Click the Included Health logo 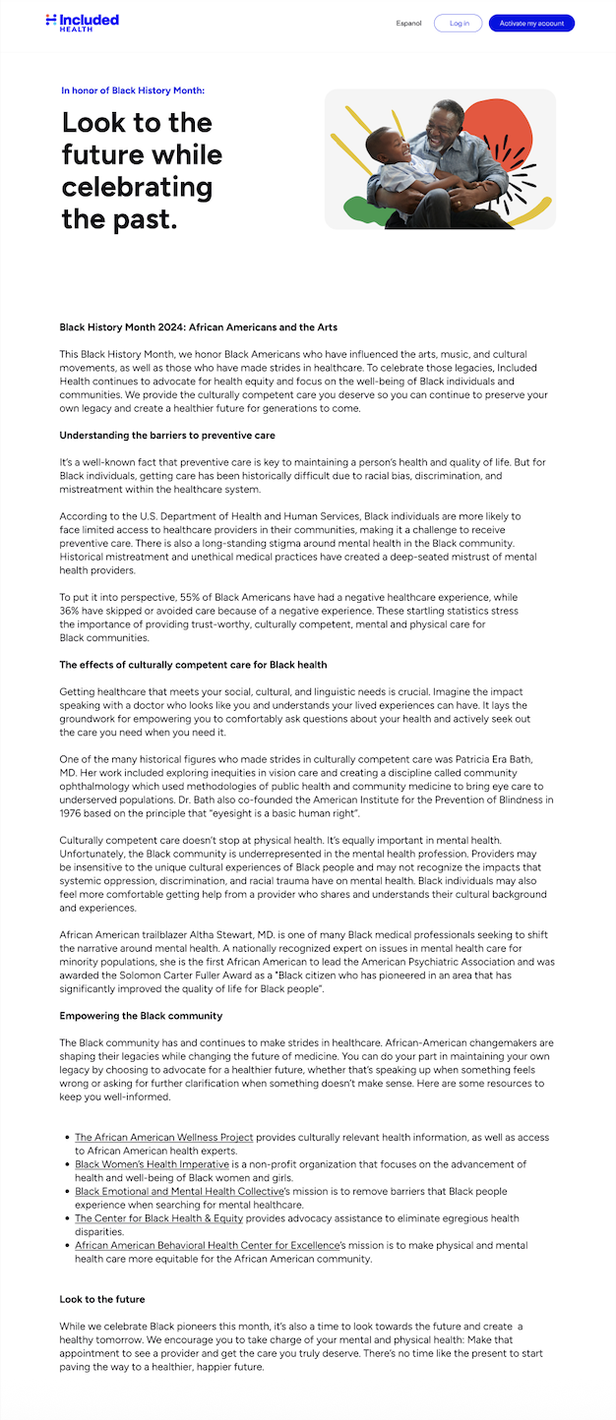click(x=82, y=22)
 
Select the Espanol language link click(x=408, y=23)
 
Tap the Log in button click(x=459, y=23)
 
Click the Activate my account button click(x=531, y=23)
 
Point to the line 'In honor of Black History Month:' click(x=133, y=90)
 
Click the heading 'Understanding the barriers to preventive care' click(x=167, y=435)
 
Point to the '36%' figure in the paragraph click(x=70, y=610)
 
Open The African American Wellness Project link click(x=164, y=1138)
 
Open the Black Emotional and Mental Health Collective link click(x=179, y=1191)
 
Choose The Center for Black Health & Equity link click(x=158, y=1218)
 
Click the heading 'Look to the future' click(x=102, y=1299)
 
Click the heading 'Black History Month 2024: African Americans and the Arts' click(x=199, y=326)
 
